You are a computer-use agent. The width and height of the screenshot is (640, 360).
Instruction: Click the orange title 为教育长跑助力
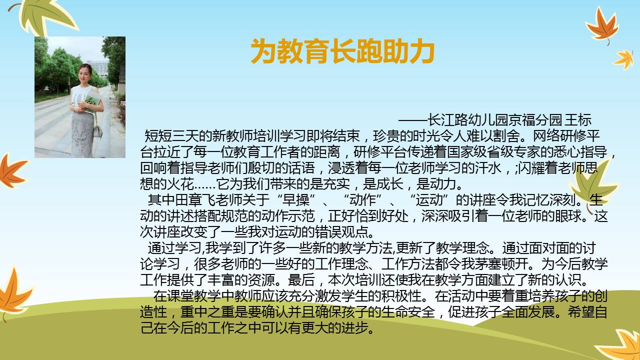(342, 51)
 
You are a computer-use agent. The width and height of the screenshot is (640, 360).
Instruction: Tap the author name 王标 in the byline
(578, 120)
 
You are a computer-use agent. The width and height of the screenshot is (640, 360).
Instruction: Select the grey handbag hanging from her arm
(97, 130)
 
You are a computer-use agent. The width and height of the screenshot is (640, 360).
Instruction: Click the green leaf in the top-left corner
(45, 15)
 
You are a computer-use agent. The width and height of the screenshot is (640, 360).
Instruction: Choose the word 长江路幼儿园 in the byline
(467, 120)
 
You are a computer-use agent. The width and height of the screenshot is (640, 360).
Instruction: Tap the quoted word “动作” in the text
(363, 200)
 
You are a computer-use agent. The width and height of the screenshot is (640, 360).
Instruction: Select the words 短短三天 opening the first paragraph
(171, 136)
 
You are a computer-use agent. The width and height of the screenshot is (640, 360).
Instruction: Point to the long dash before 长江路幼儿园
(413, 120)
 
